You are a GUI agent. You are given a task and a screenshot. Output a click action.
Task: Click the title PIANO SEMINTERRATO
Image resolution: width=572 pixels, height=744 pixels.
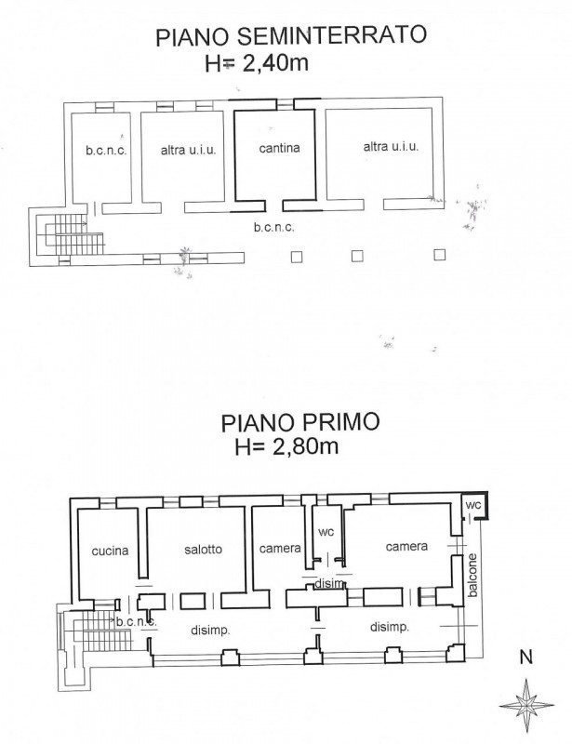(x=291, y=35)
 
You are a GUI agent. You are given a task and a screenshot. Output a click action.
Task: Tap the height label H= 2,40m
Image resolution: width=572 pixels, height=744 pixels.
(x=257, y=63)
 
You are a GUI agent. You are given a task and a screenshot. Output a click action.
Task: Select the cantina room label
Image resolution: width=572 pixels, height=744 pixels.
(x=279, y=148)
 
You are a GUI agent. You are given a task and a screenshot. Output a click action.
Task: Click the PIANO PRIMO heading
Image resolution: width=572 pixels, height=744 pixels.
(x=300, y=422)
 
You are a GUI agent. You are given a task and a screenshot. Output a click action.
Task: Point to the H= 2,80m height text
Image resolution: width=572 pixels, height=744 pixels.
(x=286, y=446)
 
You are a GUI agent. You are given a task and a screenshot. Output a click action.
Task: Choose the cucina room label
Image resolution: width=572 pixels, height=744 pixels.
(x=110, y=551)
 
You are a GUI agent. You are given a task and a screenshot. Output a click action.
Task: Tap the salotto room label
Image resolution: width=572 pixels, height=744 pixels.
(x=203, y=549)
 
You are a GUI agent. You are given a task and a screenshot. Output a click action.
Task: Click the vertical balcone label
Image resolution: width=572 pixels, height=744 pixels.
(x=472, y=575)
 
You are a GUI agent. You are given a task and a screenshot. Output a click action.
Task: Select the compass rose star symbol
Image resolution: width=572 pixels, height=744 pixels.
(x=526, y=705)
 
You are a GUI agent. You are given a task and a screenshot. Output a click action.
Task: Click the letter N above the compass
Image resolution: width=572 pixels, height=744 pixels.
(x=525, y=658)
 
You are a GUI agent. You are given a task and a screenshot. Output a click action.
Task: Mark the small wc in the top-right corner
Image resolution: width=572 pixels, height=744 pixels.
(x=473, y=505)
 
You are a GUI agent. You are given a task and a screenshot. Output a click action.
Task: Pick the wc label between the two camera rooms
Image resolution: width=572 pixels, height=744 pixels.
(x=326, y=532)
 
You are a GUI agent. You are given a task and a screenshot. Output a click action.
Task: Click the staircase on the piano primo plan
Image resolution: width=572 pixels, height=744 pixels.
(x=100, y=631)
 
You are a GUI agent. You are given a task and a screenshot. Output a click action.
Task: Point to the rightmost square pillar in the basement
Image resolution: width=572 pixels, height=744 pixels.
(x=440, y=255)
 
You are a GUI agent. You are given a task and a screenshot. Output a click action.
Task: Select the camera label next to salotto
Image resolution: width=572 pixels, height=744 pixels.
(x=280, y=549)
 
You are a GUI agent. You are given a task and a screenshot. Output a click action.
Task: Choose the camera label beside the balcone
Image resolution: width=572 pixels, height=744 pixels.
(x=406, y=547)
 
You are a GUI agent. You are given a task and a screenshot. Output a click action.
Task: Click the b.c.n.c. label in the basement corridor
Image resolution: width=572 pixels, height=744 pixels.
(x=273, y=227)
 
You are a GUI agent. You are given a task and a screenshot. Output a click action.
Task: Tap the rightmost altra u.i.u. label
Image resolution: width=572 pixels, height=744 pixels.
(x=392, y=147)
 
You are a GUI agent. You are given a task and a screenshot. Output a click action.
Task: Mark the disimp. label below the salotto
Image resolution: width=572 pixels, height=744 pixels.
(x=211, y=631)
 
